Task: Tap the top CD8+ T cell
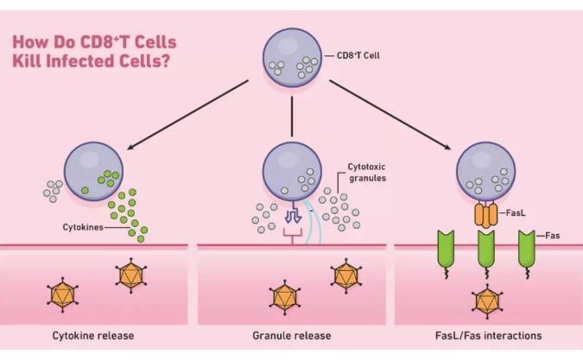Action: (x=292, y=60)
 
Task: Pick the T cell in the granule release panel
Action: (x=292, y=168)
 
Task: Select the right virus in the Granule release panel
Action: (x=345, y=275)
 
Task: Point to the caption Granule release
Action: (x=291, y=335)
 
